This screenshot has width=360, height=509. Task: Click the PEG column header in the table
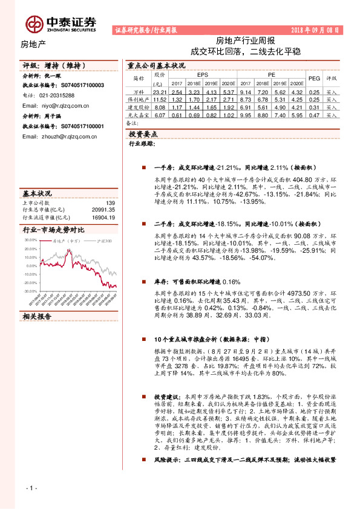[x=314, y=79]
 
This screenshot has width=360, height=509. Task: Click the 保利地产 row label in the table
[x=139, y=99]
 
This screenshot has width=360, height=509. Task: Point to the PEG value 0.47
[x=314, y=114]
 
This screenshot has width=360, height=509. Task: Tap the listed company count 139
[x=110, y=203]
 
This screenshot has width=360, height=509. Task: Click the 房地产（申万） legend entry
[x=67, y=241]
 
